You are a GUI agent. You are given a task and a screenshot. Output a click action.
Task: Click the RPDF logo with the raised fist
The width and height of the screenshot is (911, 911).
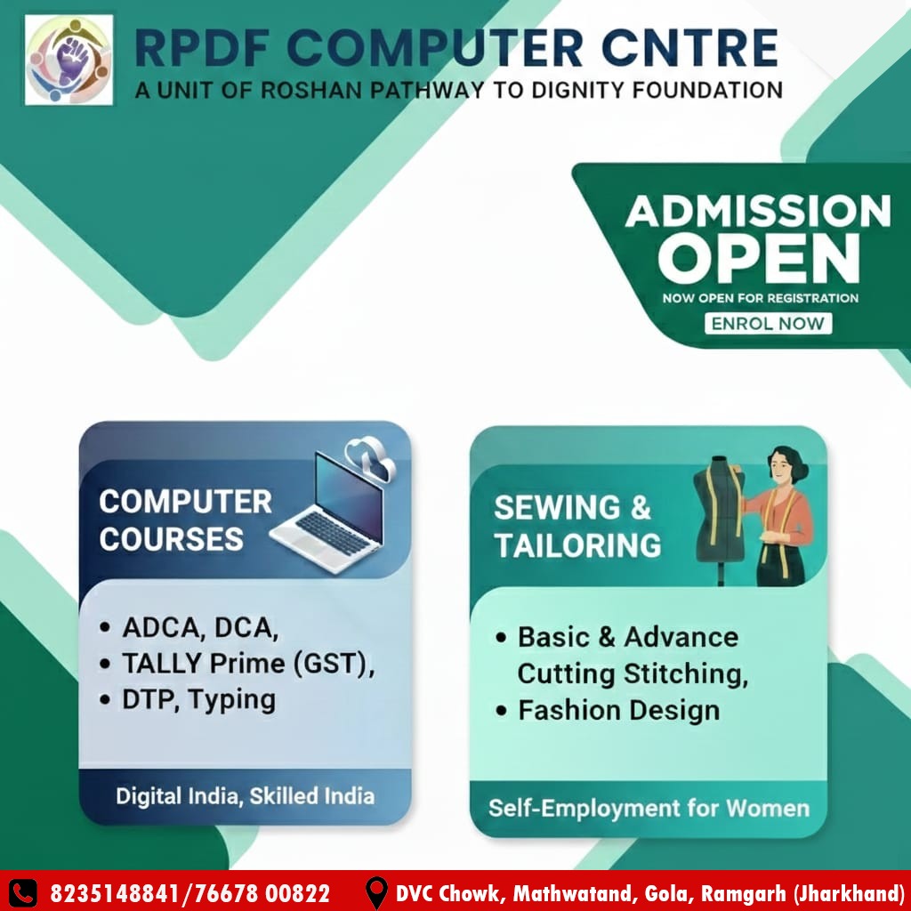[x=69, y=60]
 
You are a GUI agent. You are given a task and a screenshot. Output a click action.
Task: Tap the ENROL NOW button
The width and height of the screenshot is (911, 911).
[x=768, y=323]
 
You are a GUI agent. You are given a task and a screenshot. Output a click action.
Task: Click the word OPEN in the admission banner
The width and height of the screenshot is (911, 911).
[x=759, y=259]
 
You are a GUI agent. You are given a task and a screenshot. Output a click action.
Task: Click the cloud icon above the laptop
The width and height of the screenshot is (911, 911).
[x=371, y=458]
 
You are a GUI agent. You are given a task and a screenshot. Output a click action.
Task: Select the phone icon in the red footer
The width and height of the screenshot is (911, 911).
[x=23, y=893]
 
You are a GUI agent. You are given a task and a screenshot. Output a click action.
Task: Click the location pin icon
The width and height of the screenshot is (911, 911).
[x=376, y=892]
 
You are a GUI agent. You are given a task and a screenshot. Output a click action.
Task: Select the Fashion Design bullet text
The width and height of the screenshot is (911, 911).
[x=619, y=710]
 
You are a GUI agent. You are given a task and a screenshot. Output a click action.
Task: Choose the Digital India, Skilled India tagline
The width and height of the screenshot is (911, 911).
[x=246, y=796]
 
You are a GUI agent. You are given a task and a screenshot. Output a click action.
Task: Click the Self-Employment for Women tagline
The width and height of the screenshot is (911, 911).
[x=649, y=808]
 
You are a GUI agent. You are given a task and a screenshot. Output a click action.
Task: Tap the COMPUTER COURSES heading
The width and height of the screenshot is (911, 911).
[x=185, y=520]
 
